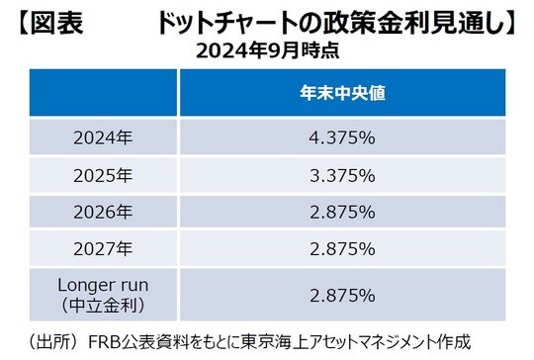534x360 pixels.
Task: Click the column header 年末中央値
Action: pos(342,94)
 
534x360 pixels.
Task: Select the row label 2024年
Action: pos(103,138)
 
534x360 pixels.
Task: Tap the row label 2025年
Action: pos(103,176)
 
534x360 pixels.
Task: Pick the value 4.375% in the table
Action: pos(342,138)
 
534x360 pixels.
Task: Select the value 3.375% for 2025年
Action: pos(342,176)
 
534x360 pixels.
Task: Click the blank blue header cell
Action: pos(103,94)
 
